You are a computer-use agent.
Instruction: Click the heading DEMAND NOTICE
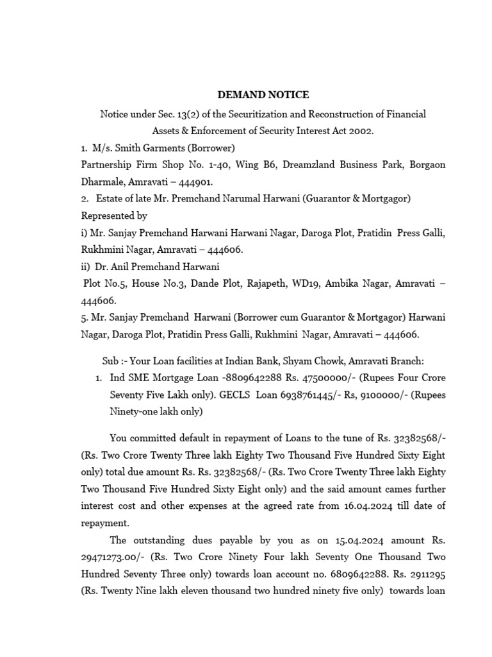coord(263,95)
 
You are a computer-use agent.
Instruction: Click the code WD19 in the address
coord(289,283)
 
